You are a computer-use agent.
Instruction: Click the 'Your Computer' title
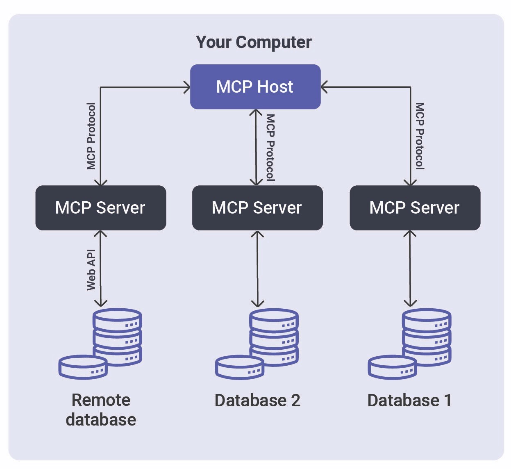pyautogui.click(x=254, y=42)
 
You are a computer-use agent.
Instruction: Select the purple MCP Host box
pyautogui.click(x=255, y=87)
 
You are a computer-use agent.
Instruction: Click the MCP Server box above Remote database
pyautogui.click(x=100, y=208)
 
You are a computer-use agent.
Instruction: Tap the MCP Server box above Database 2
pyautogui.click(x=257, y=208)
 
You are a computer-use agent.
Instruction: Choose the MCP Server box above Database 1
pyautogui.click(x=415, y=208)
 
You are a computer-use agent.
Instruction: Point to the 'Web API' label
pyautogui.click(x=91, y=270)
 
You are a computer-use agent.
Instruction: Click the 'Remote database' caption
pyautogui.click(x=101, y=410)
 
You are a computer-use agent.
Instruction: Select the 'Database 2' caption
pyautogui.click(x=257, y=401)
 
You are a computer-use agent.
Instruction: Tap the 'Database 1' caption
pyautogui.click(x=409, y=401)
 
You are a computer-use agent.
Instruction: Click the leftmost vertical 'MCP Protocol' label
pyautogui.click(x=91, y=136)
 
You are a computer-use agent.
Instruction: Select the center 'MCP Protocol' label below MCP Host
pyautogui.click(x=270, y=148)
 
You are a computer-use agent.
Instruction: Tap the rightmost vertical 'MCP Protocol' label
pyautogui.click(x=420, y=136)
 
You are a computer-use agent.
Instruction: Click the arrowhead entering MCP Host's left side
pyautogui.click(x=187, y=87)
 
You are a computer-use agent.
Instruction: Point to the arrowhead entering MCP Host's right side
pyautogui.click(x=324, y=87)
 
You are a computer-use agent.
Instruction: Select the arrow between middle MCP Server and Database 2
pyautogui.click(x=257, y=269)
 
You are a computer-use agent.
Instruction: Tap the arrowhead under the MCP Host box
pyautogui.click(x=256, y=112)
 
